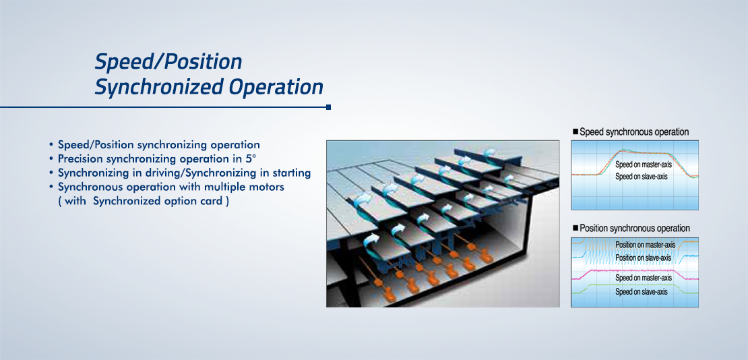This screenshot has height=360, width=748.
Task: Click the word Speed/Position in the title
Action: point(168,63)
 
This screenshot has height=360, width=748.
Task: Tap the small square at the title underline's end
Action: point(329,107)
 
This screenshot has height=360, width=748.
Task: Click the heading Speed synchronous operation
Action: point(634,131)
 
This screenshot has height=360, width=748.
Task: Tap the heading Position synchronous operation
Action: point(635,229)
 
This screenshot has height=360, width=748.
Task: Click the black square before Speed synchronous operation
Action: point(575,131)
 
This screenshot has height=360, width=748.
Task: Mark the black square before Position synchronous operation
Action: point(575,228)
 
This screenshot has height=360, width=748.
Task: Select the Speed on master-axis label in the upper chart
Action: point(644,164)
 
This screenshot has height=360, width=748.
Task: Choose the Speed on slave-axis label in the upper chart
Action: point(641,177)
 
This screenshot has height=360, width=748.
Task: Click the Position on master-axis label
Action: point(645,245)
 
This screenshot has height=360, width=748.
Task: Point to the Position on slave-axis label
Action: point(643,258)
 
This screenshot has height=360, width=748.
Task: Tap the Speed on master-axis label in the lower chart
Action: point(644,278)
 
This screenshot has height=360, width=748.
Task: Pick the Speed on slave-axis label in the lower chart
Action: point(641,292)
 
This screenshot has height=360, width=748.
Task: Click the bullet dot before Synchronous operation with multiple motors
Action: point(51,187)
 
